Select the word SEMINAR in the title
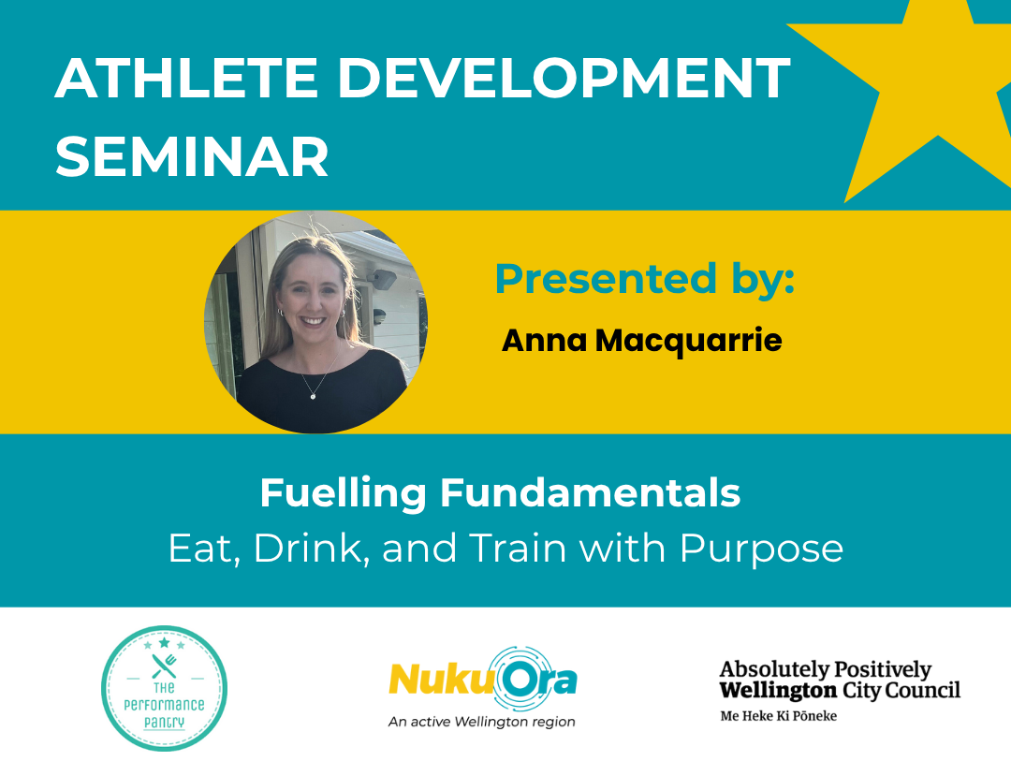point(192,156)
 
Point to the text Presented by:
point(645,278)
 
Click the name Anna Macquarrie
point(641,341)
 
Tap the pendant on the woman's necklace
point(313,396)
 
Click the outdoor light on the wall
point(382,279)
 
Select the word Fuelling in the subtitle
point(343,493)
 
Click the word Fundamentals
point(590,493)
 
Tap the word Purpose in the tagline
point(761,549)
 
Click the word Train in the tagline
point(517,548)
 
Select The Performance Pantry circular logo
point(165,688)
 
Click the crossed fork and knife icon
point(165,666)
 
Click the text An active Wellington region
point(482,722)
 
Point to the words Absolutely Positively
point(826,670)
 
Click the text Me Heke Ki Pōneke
point(778,715)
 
